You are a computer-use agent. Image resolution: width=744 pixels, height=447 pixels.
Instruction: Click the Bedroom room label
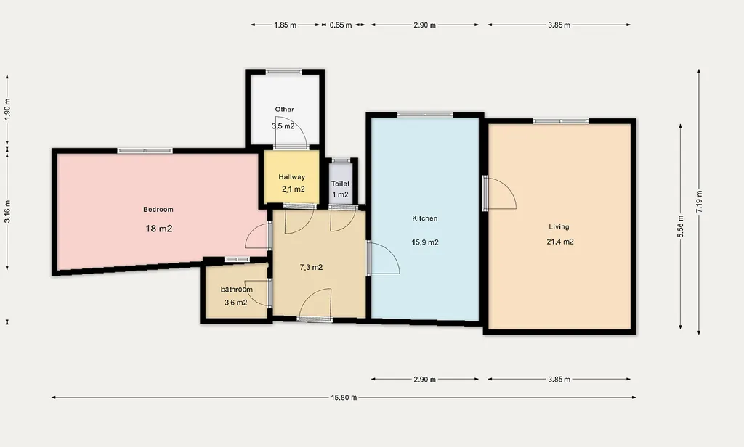[158, 210]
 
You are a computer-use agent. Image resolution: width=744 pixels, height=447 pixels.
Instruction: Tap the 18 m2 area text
[159, 229]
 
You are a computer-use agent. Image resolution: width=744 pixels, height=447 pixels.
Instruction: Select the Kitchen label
[424, 218]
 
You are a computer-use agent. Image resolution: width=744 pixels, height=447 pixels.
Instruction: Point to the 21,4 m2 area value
[560, 242]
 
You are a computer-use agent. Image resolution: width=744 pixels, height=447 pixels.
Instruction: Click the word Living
[559, 227]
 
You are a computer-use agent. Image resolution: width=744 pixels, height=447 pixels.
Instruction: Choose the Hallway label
[292, 177]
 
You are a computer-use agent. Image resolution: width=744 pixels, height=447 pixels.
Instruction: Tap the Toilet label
[340, 184]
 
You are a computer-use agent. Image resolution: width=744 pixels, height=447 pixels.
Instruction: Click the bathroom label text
[237, 289]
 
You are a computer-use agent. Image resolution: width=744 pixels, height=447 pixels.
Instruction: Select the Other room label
[285, 109]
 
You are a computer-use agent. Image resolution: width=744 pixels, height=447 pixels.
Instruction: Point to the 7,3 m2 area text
[311, 267]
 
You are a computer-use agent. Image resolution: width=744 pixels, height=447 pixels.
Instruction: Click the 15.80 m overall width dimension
[344, 398]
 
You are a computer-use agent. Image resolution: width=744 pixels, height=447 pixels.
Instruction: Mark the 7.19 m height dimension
[699, 202]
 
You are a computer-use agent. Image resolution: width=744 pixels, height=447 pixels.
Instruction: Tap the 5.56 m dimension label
[681, 226]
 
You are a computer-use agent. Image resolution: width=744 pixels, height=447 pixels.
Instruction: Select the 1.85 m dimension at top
[285, 25]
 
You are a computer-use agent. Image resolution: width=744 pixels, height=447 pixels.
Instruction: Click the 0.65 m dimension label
[341, 25]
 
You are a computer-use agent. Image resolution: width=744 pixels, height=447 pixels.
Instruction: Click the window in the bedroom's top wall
[145, 151]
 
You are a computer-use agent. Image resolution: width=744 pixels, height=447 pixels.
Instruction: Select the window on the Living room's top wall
[561, 121]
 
